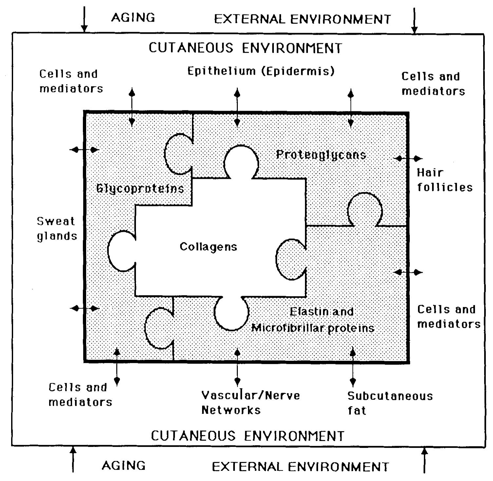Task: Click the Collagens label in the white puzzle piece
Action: [208, 247]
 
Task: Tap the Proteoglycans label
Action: [321, 155]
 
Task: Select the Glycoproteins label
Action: [140, 189]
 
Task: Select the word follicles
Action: [445, 187]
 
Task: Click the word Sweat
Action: [56, 221]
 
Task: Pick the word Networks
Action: [231, 410]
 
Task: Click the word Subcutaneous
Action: [390, 396]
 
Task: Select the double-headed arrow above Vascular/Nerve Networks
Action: [237, 367]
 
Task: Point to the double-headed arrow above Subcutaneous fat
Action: [352, 367]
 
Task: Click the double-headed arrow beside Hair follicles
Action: [408, 158]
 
